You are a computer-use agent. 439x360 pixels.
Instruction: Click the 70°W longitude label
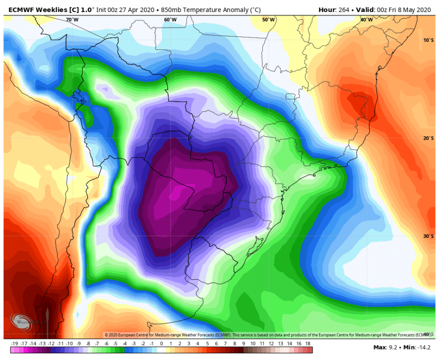72,20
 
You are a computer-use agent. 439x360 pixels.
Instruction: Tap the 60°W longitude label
170,20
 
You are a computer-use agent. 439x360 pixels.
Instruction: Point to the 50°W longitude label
268,20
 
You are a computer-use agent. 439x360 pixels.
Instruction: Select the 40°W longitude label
366,20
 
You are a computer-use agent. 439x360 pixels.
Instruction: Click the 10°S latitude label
428,40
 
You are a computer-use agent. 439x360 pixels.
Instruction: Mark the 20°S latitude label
428,138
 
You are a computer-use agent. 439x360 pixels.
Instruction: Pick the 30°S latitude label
428,236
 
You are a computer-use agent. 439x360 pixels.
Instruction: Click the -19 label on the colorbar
14,344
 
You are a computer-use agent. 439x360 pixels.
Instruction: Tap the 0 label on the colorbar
161,344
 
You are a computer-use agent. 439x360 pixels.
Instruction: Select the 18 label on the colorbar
308,344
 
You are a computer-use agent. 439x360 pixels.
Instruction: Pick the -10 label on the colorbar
70,344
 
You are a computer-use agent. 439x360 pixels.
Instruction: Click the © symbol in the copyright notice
106,335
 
